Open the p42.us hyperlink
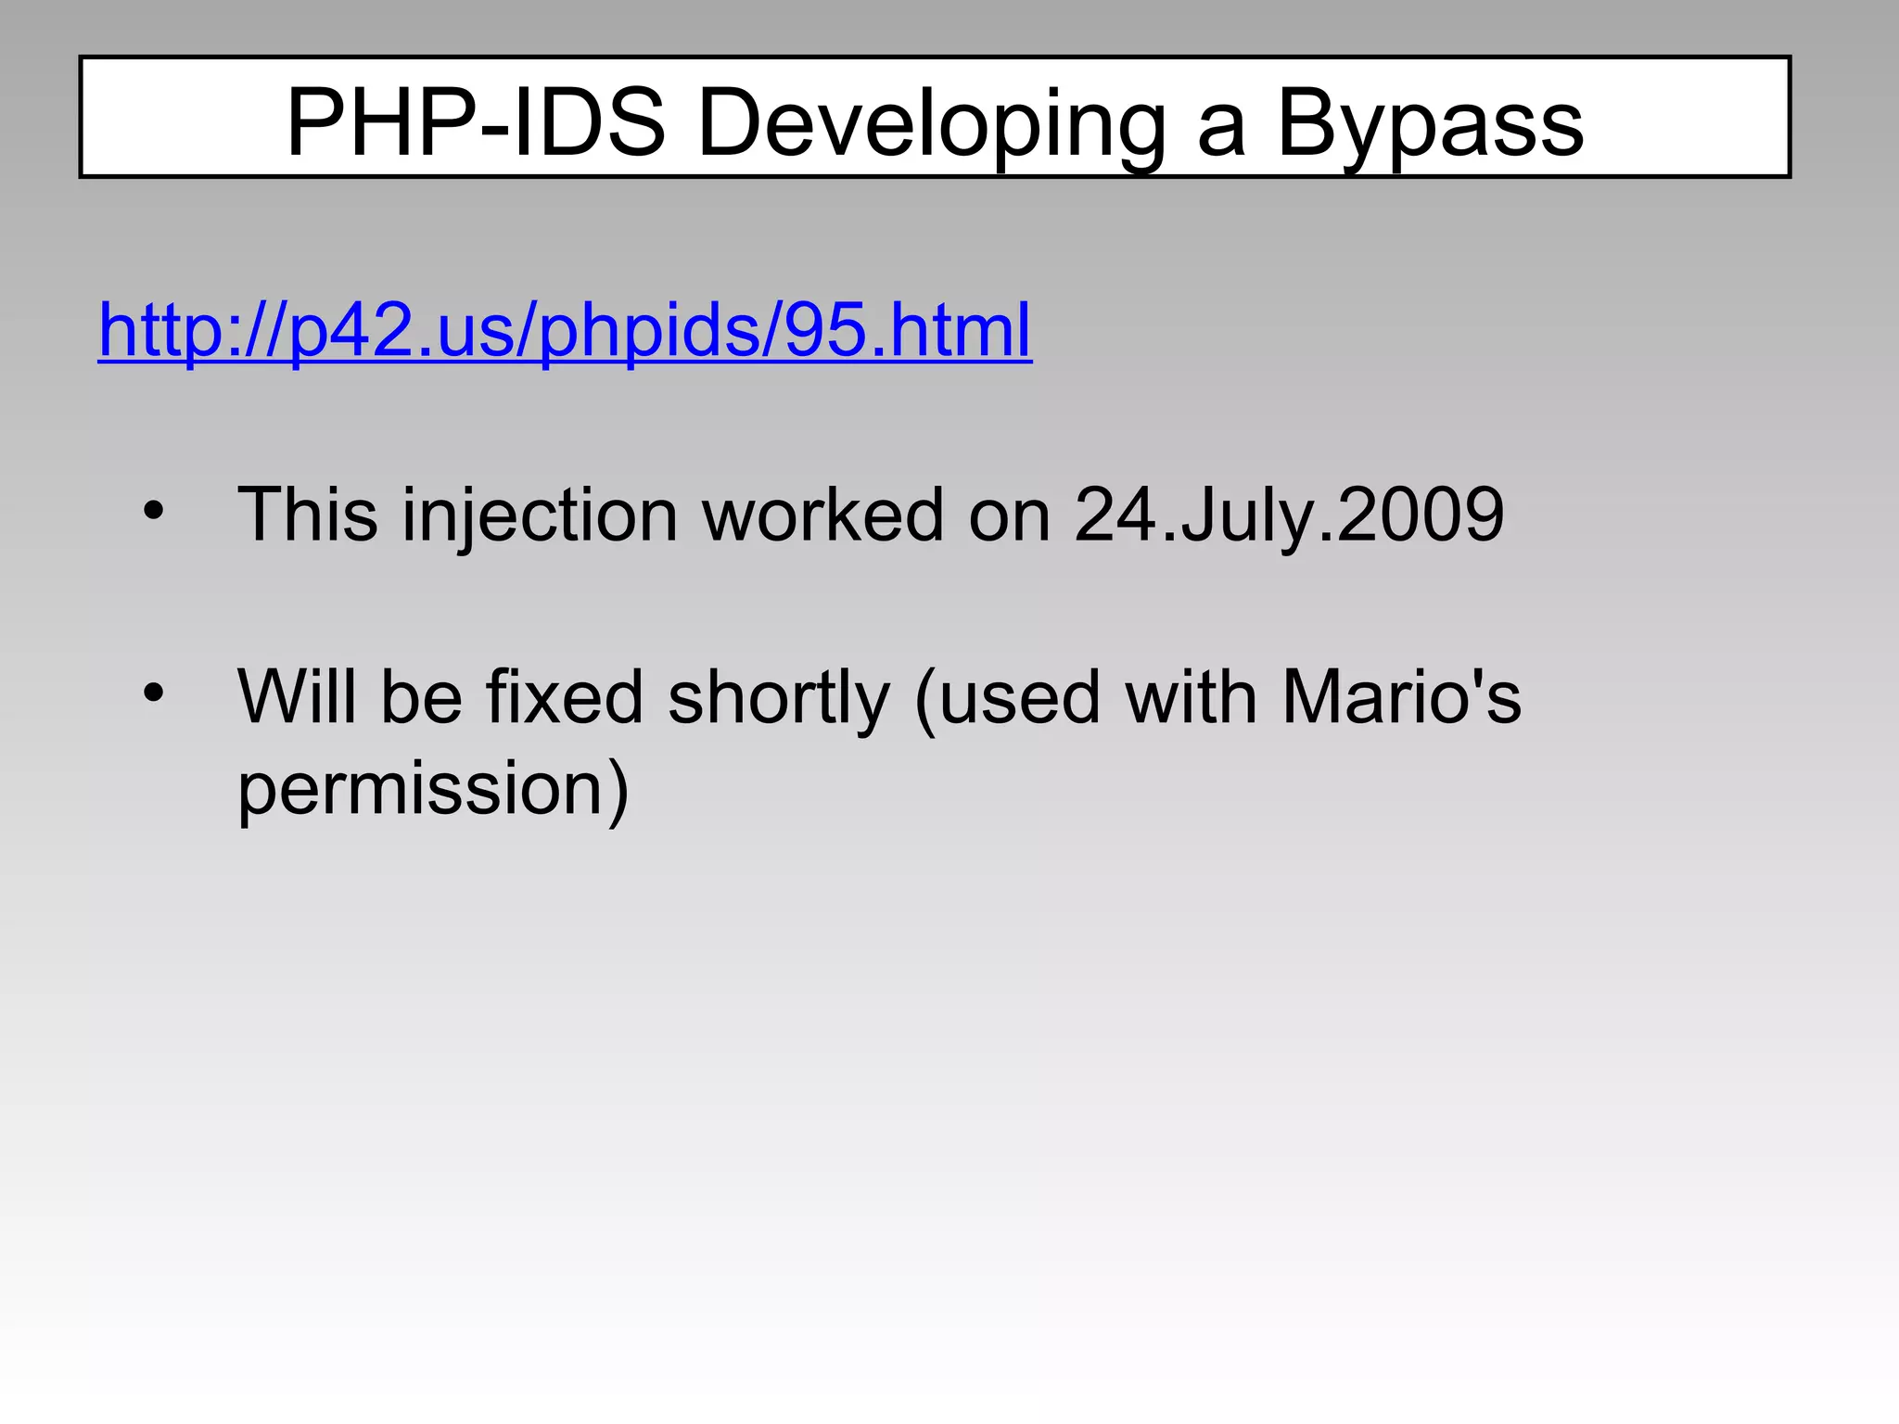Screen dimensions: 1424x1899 (565, 331)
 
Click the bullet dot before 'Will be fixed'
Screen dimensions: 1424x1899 (154, 692)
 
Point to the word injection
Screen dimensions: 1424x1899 (540, 515)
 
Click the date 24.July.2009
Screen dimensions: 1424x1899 (1289, 515)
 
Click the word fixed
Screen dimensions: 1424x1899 (565, 696)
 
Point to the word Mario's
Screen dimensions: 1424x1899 (1401, 696)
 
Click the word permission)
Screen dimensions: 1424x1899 (433, 790)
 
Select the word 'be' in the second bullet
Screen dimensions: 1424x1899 (421, 696)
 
